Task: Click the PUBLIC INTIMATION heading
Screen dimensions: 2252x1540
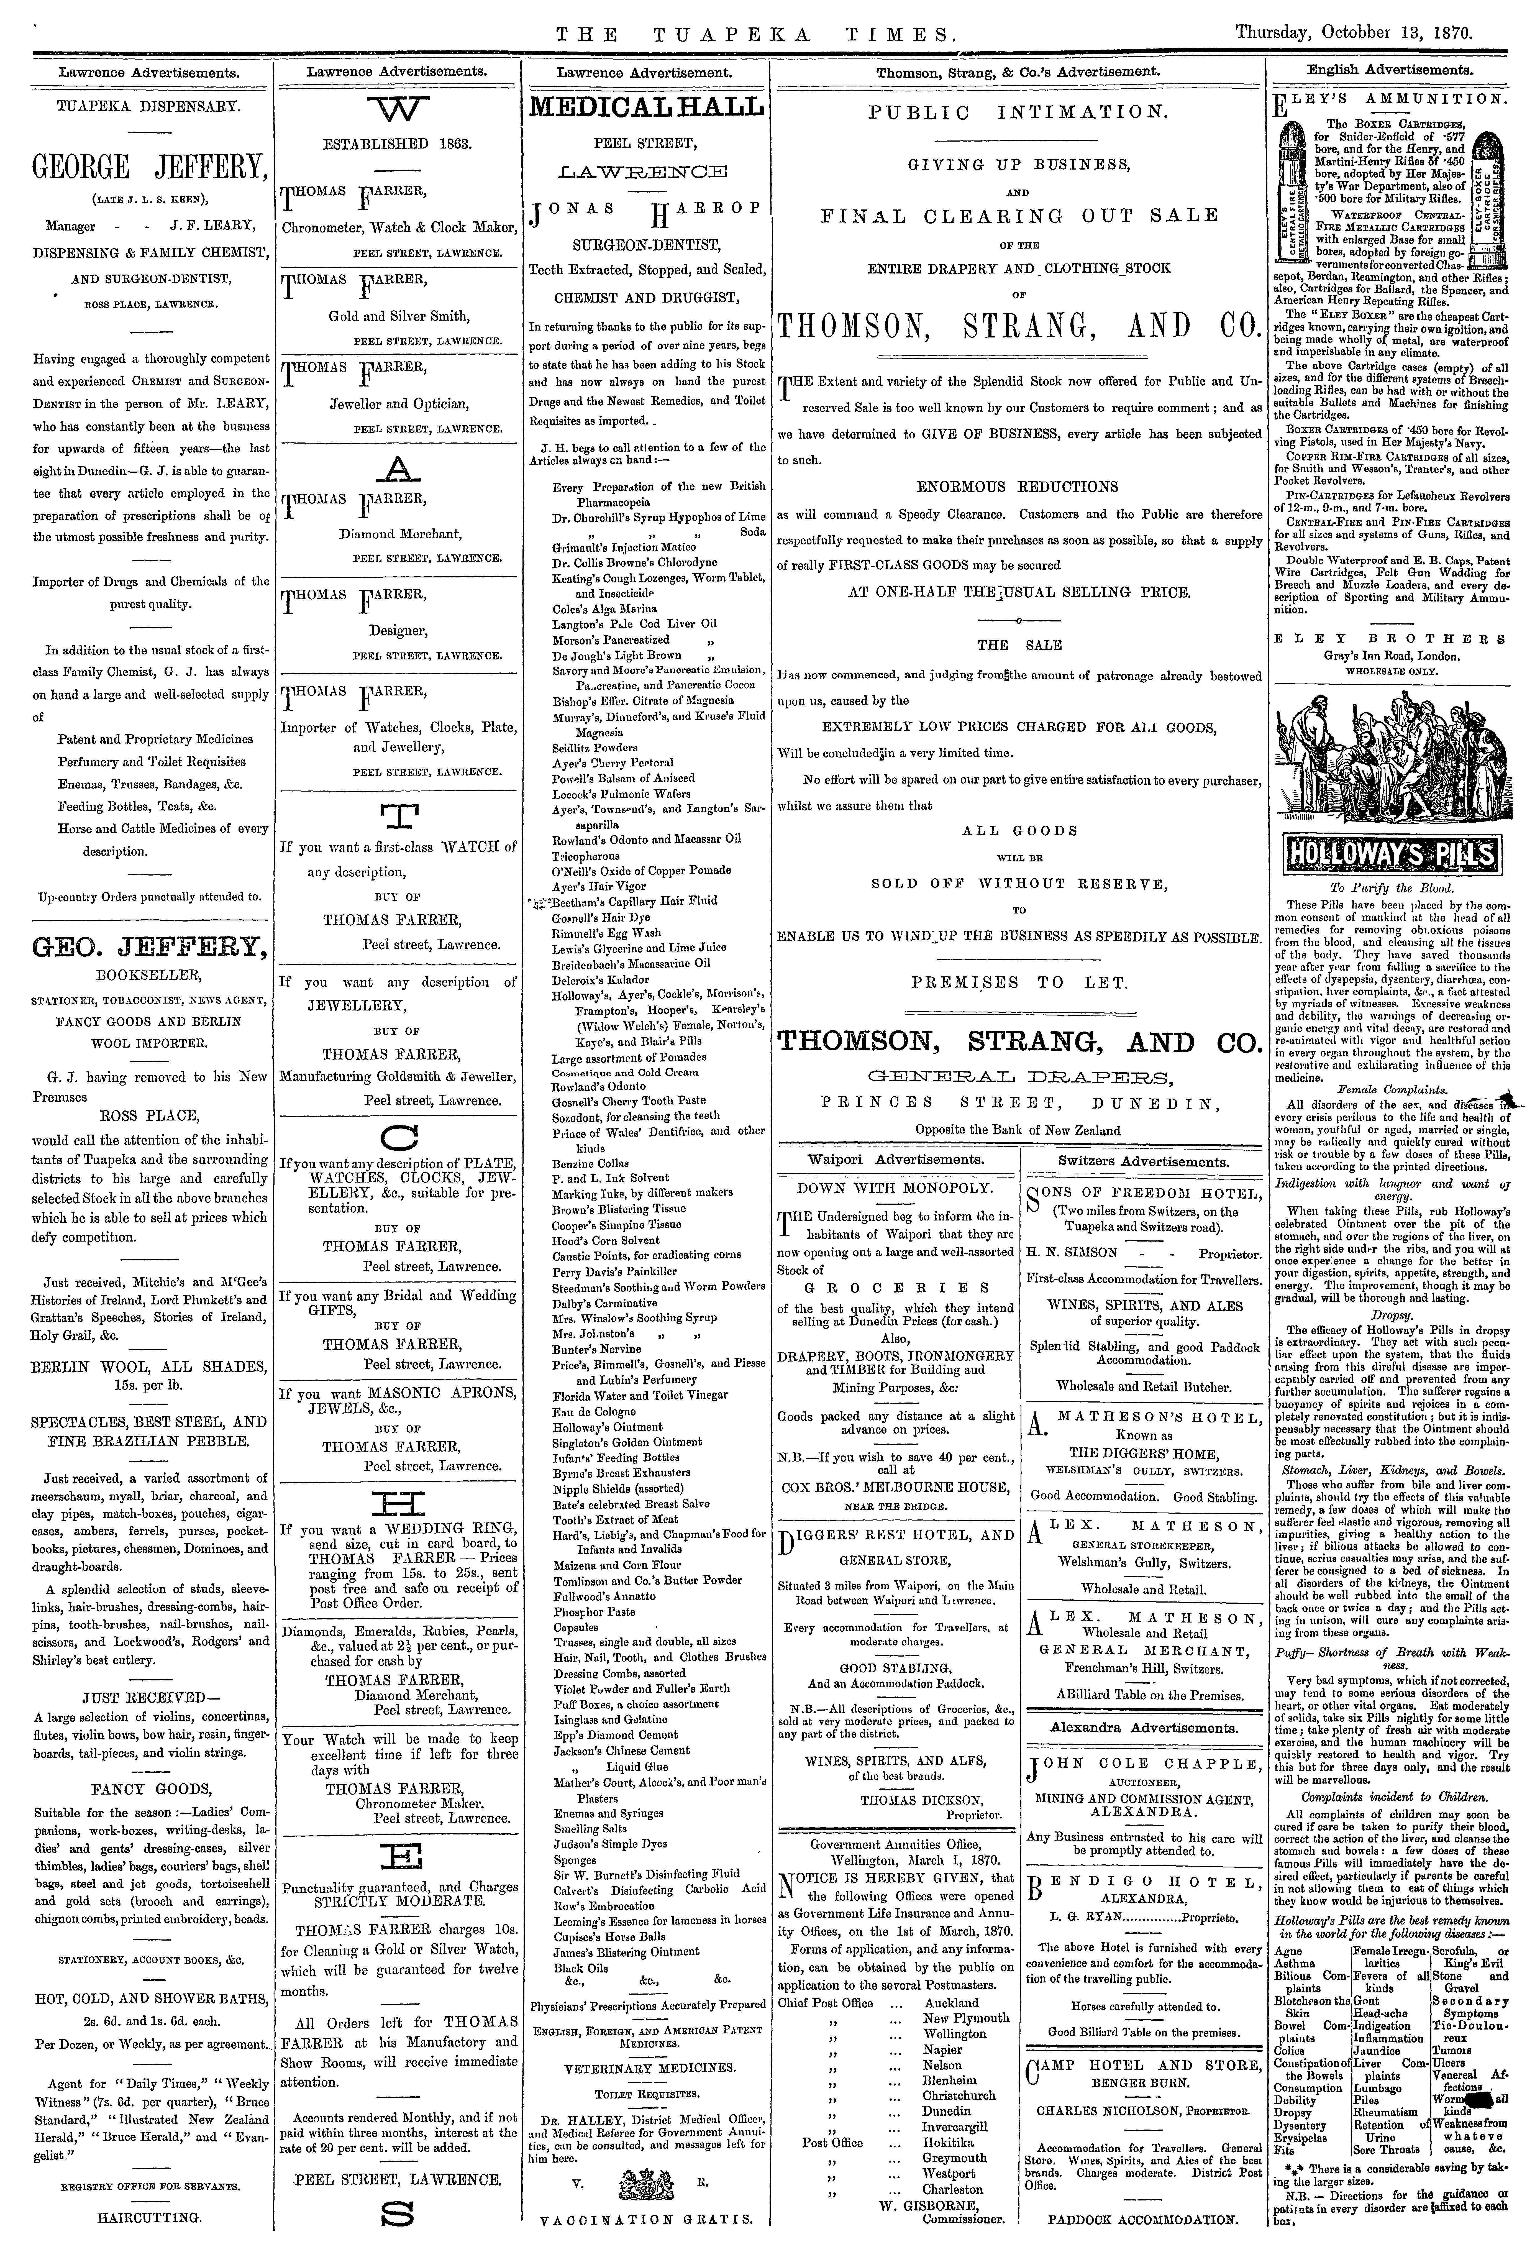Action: [1018, 111]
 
